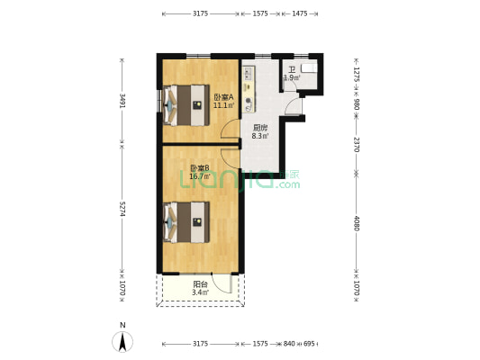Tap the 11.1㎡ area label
[x=223, y=105]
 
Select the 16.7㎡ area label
[x=200, y=176]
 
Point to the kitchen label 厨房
[x=258, y=127]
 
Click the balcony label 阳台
[x=200, y=283]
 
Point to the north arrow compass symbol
[x=122, y=340]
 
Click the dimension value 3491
[x=122, y=103]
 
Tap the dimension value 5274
[x=122, y=210]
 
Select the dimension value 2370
[x=357, y=145]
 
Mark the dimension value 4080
[x=357, y=221]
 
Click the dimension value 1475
[x=300, y=13]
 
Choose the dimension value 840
[x=288, y=344]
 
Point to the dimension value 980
[x=357, y=103]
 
